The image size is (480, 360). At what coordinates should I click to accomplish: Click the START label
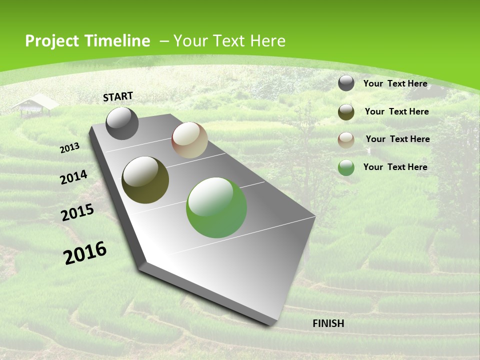pos(118,96)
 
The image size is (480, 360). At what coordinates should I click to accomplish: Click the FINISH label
pos(328,323)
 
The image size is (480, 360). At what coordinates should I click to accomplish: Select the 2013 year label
pos(69,148)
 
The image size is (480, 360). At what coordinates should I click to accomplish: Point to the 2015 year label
pos(77,212)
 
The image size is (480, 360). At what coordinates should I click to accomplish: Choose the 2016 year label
pos(84,253)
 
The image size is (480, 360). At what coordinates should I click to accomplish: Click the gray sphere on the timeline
pos(122,123)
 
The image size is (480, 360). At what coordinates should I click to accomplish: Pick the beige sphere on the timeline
pos(189,140)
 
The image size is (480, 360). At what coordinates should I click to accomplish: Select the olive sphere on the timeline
pos(145,180)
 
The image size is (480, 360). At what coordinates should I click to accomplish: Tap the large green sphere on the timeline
pos(216,207)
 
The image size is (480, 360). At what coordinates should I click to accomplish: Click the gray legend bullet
pos(346,83)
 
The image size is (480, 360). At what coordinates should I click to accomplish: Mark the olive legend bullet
pos(346,112)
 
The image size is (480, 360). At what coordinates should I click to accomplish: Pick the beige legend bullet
pos(346,140)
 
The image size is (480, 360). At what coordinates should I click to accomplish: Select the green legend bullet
pos(346,167)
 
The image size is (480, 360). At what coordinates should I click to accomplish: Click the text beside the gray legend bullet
pos(395,83)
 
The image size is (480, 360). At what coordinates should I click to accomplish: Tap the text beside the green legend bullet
pos(395,167)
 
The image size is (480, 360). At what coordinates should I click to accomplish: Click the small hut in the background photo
pos(35,105)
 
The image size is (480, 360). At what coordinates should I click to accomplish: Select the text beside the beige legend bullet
pos(397,139)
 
